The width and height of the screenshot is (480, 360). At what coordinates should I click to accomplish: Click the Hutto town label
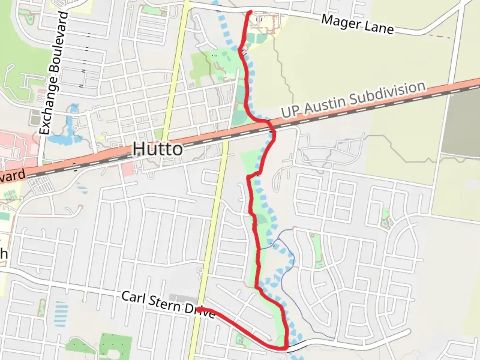[158, 149]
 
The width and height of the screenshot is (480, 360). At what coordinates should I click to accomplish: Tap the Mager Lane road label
[357, 24]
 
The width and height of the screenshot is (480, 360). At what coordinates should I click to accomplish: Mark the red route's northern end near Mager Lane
[250, 12]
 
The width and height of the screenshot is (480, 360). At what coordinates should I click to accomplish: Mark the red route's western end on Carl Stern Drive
[199, 310]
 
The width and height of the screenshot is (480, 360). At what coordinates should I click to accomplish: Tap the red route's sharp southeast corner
[286, 348]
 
